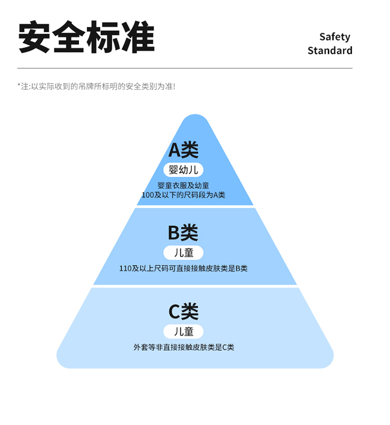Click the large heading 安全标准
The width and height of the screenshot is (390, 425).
click(x=87, y=37)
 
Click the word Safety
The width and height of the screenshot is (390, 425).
click(x=334, y=37)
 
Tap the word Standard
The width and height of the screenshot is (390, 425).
click(x=330, y=50)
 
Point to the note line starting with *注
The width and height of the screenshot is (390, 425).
click(x=96, y=86)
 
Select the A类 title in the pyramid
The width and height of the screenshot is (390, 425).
click(x=184, y=150)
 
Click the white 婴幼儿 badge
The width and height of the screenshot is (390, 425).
click(x=184, y=170)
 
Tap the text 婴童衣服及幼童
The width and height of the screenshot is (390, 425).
click(x=184, y=185)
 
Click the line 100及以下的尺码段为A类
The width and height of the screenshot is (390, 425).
click(x=184, y=195)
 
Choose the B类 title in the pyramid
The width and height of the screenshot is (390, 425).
click(x=183, y=233)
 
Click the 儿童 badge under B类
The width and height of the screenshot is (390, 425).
click(x=184, y=253)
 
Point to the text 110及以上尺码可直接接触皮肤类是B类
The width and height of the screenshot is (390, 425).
click(x=184, y=269)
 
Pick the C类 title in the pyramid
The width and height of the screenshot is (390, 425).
click(x=184, y=312)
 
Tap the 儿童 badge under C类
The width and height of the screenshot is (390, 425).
click(x=184, y=331)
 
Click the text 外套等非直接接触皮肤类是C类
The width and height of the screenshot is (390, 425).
click(x=184, y=347)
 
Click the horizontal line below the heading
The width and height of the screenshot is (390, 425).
click(x=185, y=68)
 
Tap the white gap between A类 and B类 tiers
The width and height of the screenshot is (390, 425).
click(x=195, y=207)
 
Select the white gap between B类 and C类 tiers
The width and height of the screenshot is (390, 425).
click(x=195, y=286)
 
